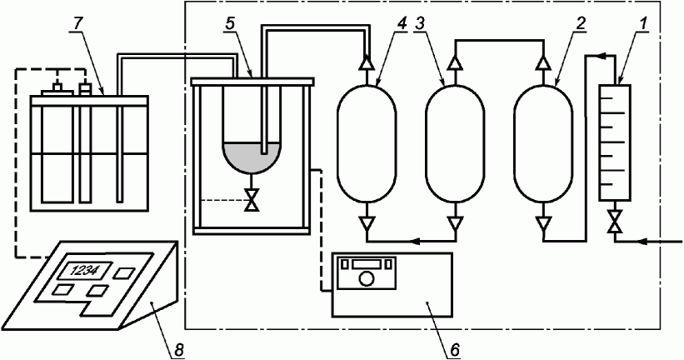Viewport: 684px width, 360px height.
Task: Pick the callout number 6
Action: [x=453, y=350]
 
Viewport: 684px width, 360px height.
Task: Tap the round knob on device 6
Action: [x=367, y=279]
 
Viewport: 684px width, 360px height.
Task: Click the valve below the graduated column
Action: [x=615, y=222]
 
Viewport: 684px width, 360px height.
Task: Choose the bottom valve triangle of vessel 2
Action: [x=544, y=222]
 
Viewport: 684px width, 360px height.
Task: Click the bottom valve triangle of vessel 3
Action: [x=455, y=222]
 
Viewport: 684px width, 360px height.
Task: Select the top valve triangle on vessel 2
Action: [x=544, y=62]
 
